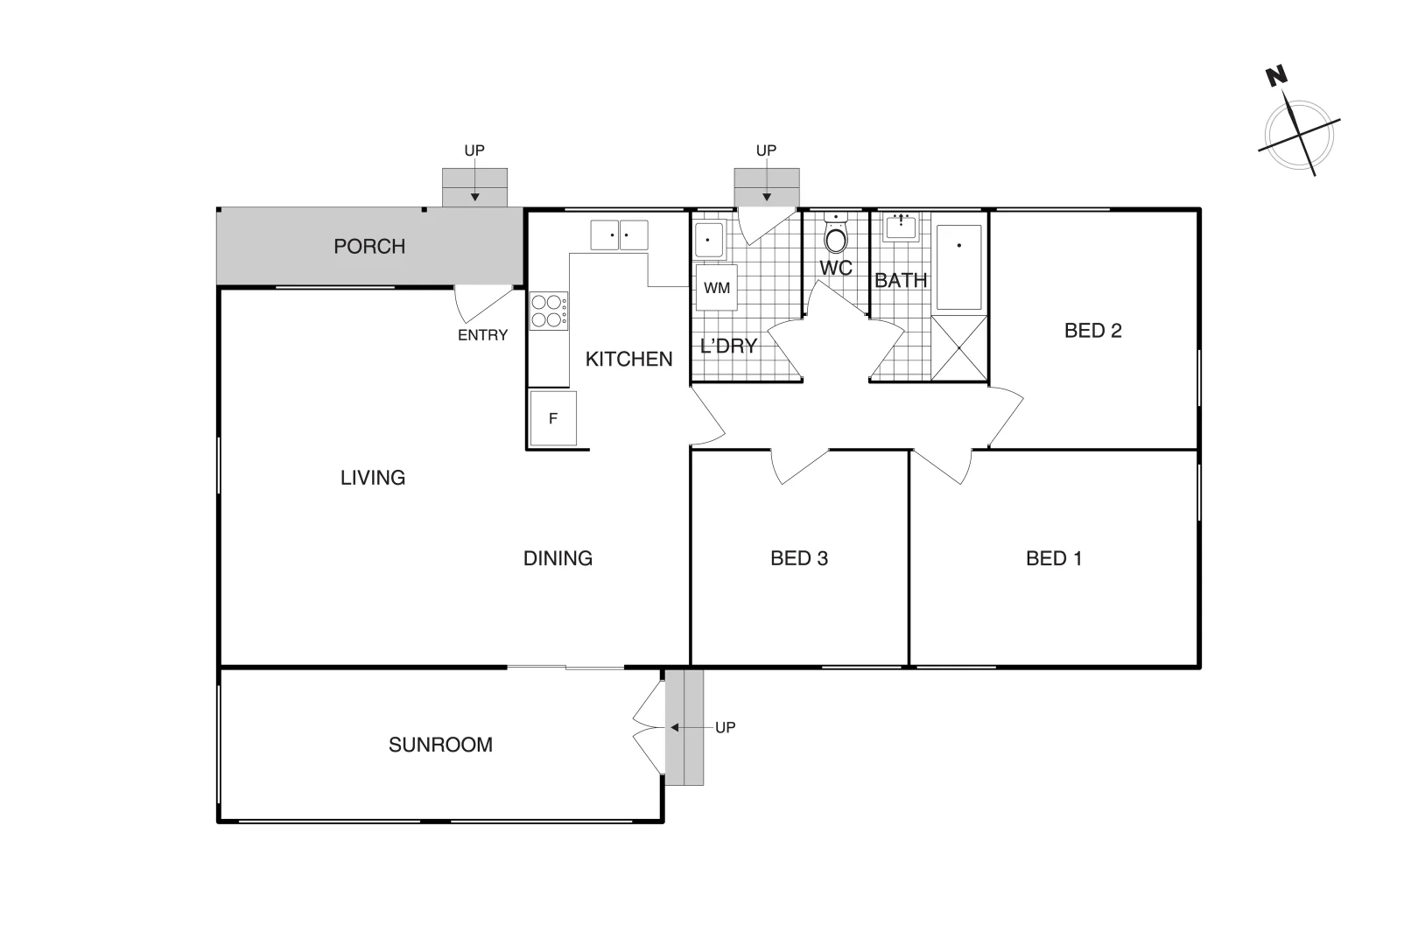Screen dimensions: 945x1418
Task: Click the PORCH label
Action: [369, 247]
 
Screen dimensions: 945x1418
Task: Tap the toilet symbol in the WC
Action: [837, 237]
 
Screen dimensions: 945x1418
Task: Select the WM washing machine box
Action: [716, 288]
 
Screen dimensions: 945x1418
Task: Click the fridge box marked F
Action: [552, 418]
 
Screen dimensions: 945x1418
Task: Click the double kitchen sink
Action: [619, 235]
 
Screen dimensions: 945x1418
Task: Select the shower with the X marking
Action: [958, 348]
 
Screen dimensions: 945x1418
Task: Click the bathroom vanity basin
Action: [901, 227]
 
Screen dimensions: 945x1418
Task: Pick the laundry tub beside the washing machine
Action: [708, 240]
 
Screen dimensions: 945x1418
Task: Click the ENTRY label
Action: [482, 335]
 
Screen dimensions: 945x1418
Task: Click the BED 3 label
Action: [798, 558]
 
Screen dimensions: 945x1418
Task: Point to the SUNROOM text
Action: [440, 745]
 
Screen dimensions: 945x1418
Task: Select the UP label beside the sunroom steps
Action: [725, 727]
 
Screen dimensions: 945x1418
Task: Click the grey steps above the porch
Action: [474, 188]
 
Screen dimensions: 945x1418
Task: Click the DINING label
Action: [558, 558]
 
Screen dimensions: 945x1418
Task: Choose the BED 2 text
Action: [1092, 331]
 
